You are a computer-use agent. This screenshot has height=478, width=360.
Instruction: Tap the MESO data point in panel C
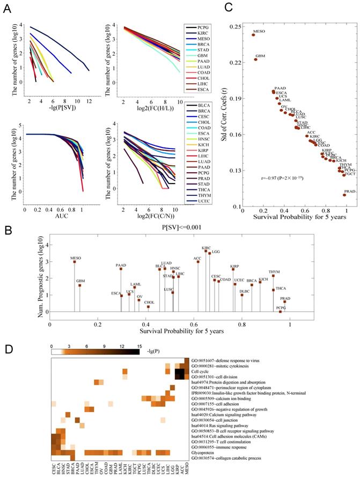tap(254, 35)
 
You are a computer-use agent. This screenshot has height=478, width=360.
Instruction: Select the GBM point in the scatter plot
tap(256, 60)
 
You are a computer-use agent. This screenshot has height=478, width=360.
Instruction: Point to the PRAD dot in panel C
tap(344, 195)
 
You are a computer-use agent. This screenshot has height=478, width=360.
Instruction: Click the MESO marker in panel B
tap(75, 262)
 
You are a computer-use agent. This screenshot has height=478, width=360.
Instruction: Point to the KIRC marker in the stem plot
tap(205, 251)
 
